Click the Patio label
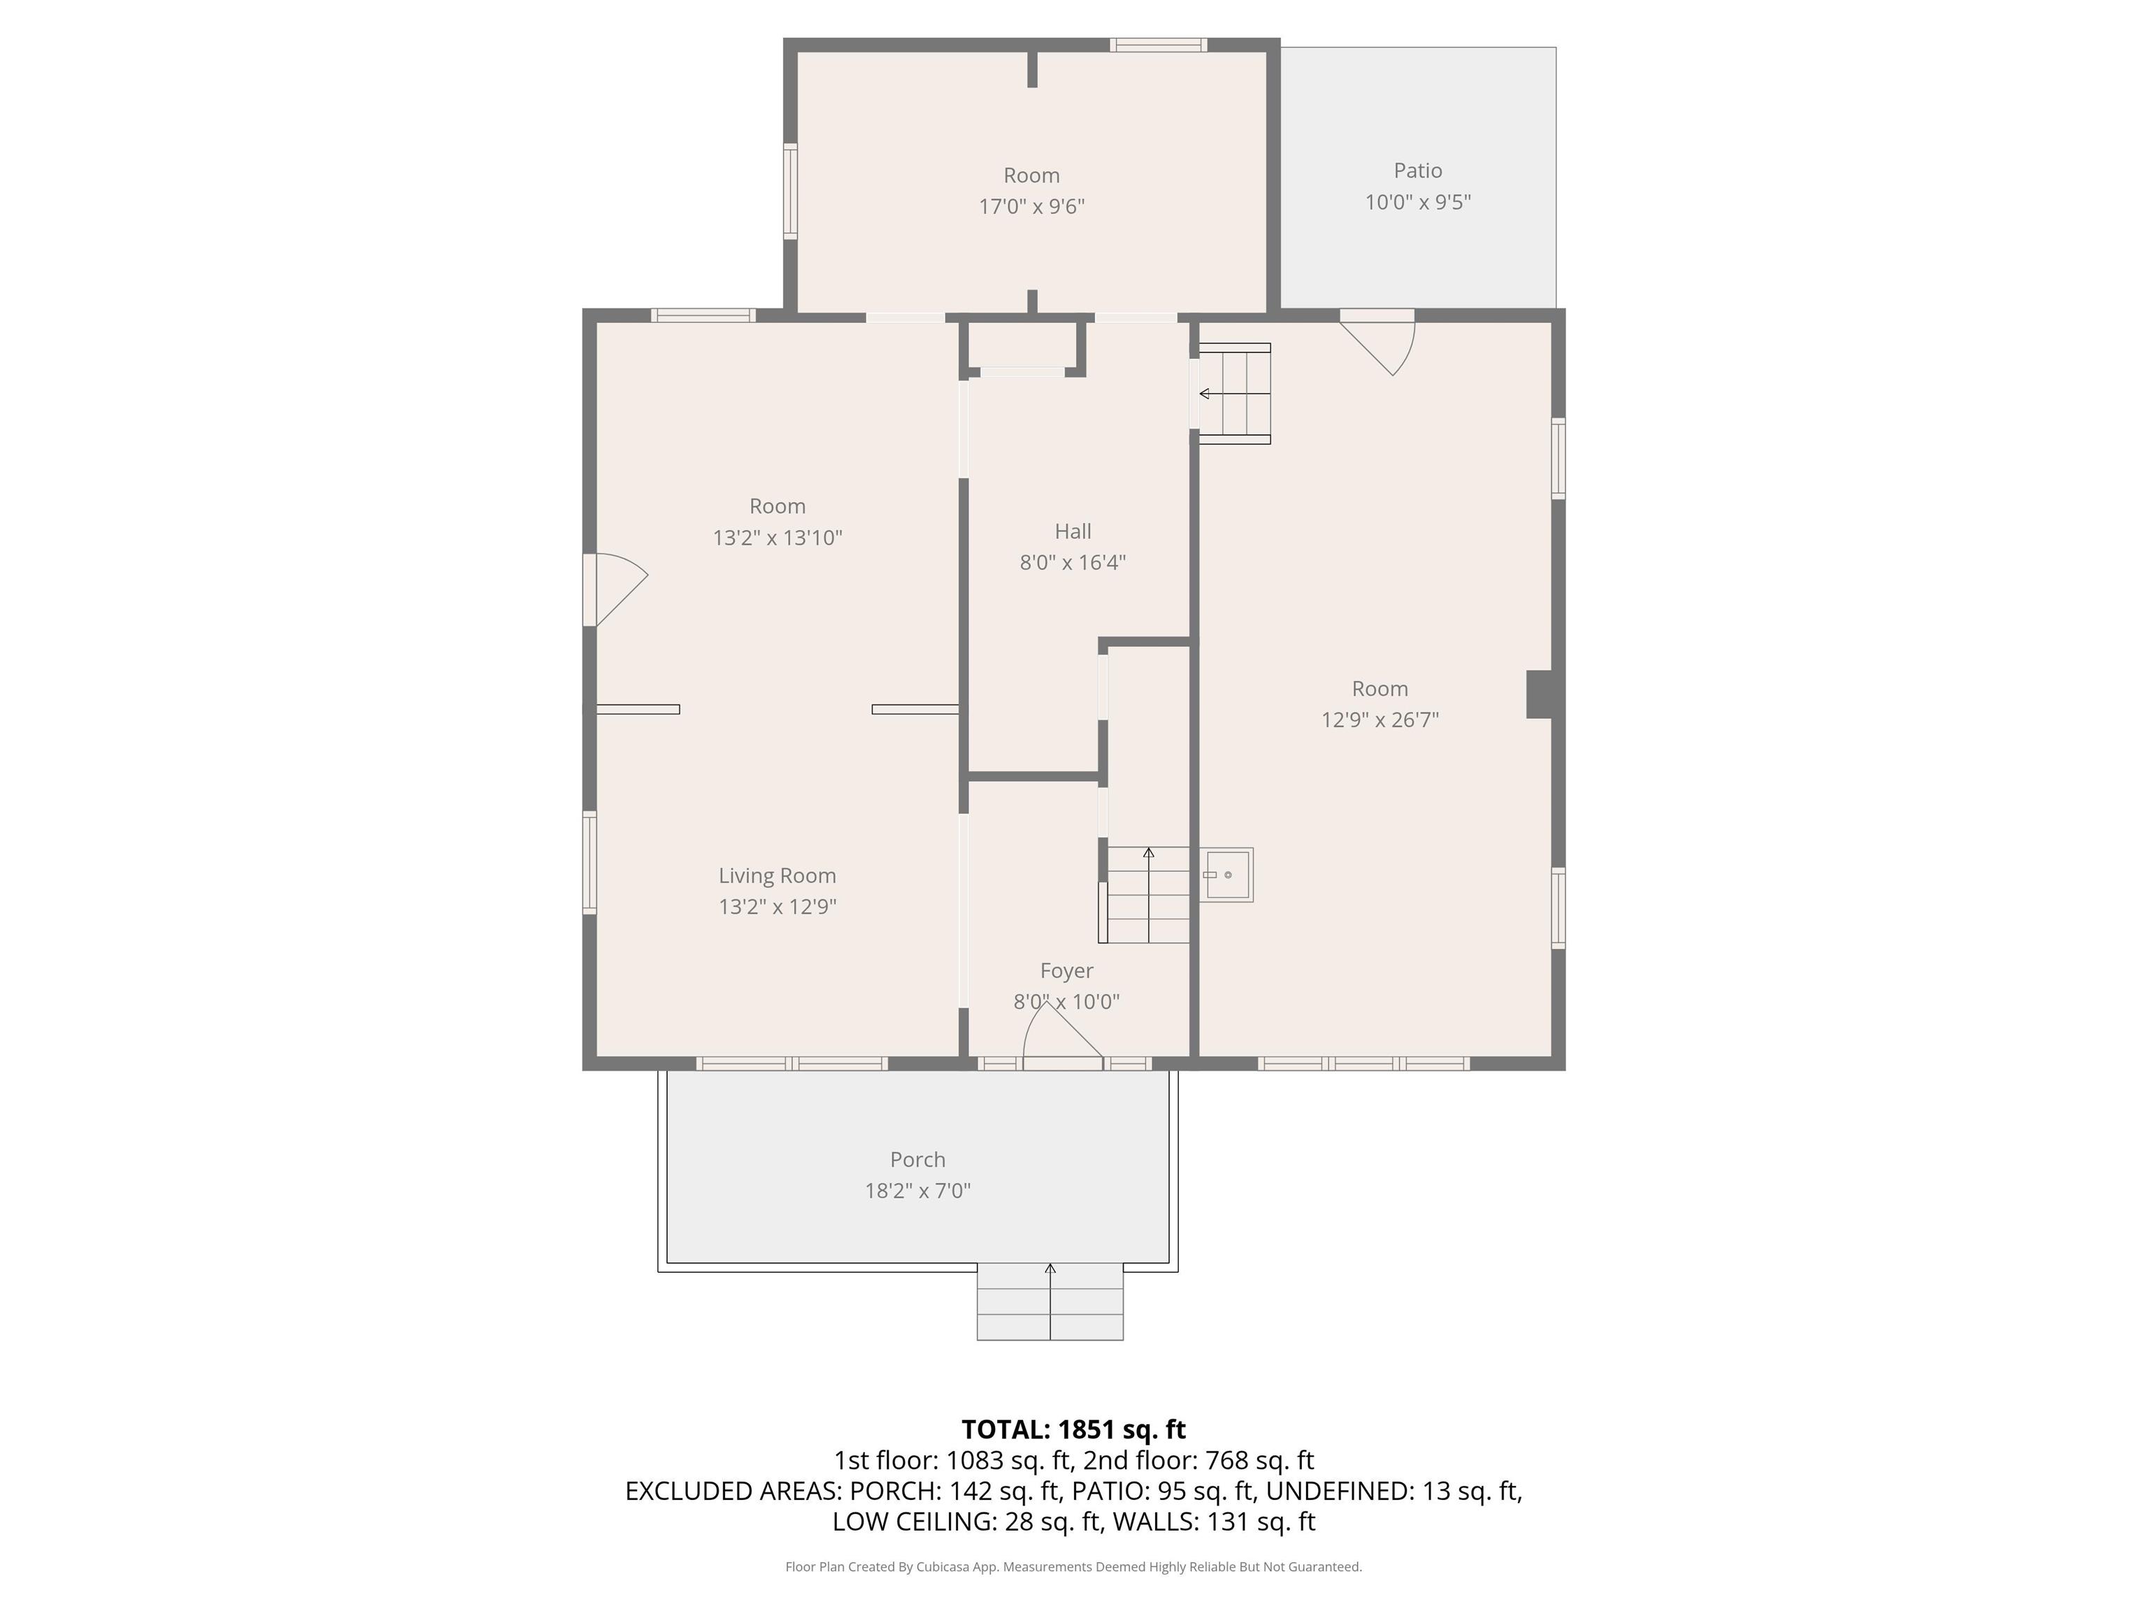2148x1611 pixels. tap(1418, 171)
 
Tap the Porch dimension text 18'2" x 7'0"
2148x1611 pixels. tap(917, 1191)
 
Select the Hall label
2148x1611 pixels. tap(1073, 531)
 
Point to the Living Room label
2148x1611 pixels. tap(777, 876)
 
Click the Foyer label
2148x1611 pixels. tap(1066, 971)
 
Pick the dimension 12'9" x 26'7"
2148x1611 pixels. tap(1380, 719)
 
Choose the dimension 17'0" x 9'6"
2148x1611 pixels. tap(1031, 206)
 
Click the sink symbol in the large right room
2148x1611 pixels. tap(1226, 875)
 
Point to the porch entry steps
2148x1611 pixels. tap(1050, 1301)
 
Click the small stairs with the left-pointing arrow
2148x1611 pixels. tap(1233, 393)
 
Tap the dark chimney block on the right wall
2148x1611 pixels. tap(1539, 694)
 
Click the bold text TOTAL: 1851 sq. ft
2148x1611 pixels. tap(1073, 1429)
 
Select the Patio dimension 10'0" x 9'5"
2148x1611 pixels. tap(1418, 202)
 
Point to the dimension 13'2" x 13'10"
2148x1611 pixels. tap(777, 537)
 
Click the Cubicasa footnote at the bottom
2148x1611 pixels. tap(1073, 1566)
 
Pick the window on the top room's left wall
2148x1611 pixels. tap(790, 192)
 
